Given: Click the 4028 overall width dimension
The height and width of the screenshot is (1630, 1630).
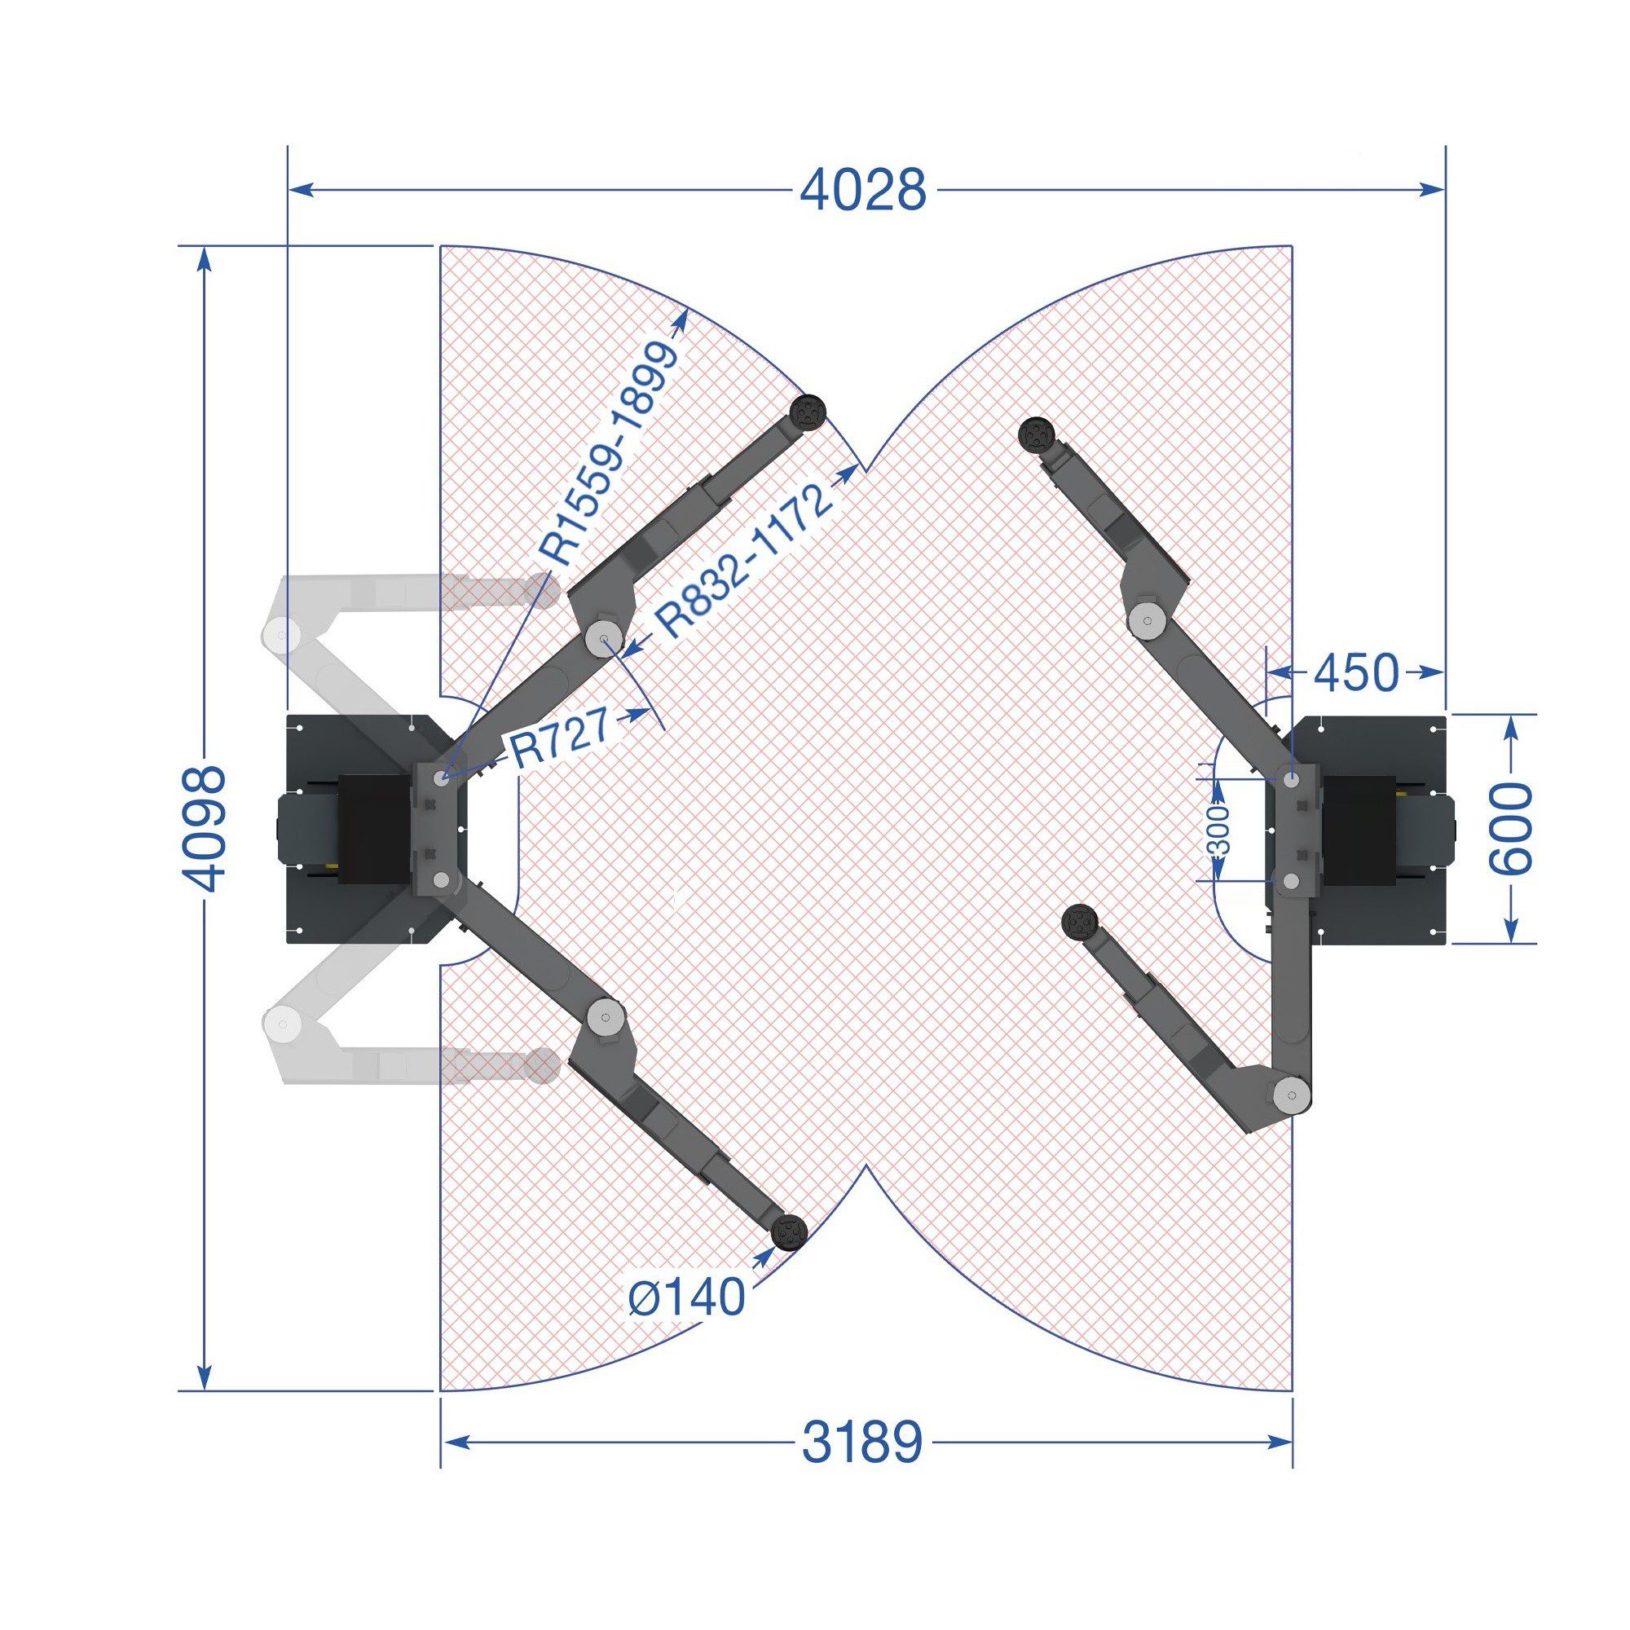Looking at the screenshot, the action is coord(862,190).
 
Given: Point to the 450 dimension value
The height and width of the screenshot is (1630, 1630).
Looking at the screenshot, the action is coord(1357,672).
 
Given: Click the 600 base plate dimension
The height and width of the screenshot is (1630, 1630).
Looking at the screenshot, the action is coord(1509,829).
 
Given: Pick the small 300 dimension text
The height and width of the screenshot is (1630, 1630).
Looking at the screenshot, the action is coord(1220,830).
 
